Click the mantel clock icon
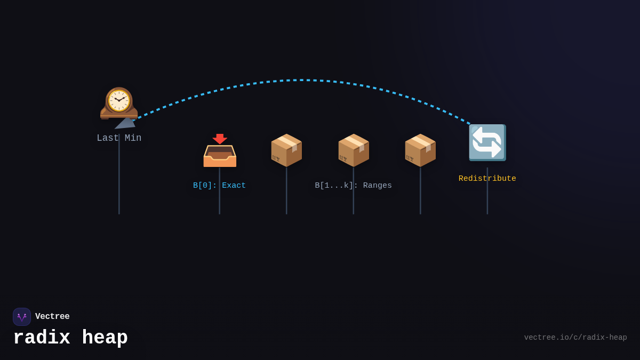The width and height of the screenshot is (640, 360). click(x=119, y=102)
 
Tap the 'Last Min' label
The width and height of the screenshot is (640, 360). click(x=119, y=138)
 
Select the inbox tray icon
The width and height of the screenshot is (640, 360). click(x=220, y=156)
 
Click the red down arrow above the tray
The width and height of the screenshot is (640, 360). click(x=220, y=139)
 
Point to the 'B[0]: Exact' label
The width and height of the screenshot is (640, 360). click(x=220, y=186)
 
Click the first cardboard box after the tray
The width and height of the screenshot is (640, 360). click(x=286, y=150)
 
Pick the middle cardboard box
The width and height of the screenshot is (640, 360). click(x=353, y=150)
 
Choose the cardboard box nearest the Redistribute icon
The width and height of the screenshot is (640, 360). click(x=420, y=150)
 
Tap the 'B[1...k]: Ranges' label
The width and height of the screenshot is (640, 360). click(x=353, y=186)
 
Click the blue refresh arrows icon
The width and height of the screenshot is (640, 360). click(x=487, y=142)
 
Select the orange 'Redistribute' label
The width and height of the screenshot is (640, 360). click(x=487, y=179)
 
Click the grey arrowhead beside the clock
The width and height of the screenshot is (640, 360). click(x=126, y=123)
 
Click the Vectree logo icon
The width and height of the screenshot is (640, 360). click(x=22, y=317)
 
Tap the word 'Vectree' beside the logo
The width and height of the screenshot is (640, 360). click(x=52, y=317)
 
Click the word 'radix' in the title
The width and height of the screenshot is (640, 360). click(x=42, y=338)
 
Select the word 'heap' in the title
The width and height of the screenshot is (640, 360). click(x=105, y=338)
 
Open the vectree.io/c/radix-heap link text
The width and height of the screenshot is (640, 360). click(x=575, y=338)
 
